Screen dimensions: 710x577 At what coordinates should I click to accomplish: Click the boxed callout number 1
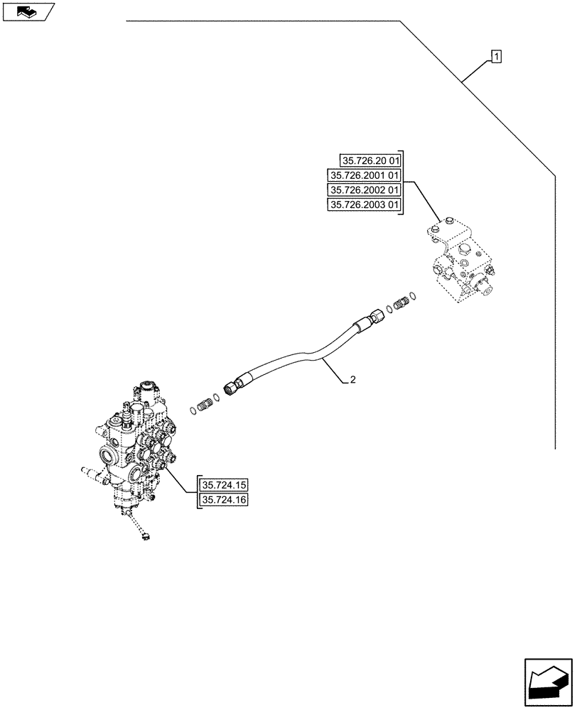coord(496,56)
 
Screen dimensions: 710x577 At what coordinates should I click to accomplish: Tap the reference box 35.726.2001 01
coord(364,175)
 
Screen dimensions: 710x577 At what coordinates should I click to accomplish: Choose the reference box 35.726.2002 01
coord(364,190)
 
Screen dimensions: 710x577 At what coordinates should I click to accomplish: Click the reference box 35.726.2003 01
coord(364,206)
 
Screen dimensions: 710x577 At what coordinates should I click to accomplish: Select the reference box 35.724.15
coord(224,486)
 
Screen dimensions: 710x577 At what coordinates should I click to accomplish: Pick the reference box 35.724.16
coord(224,501)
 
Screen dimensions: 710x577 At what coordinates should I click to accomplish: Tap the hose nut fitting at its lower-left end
coord(231,389)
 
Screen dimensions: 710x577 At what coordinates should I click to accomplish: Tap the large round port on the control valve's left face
coord(112,455)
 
